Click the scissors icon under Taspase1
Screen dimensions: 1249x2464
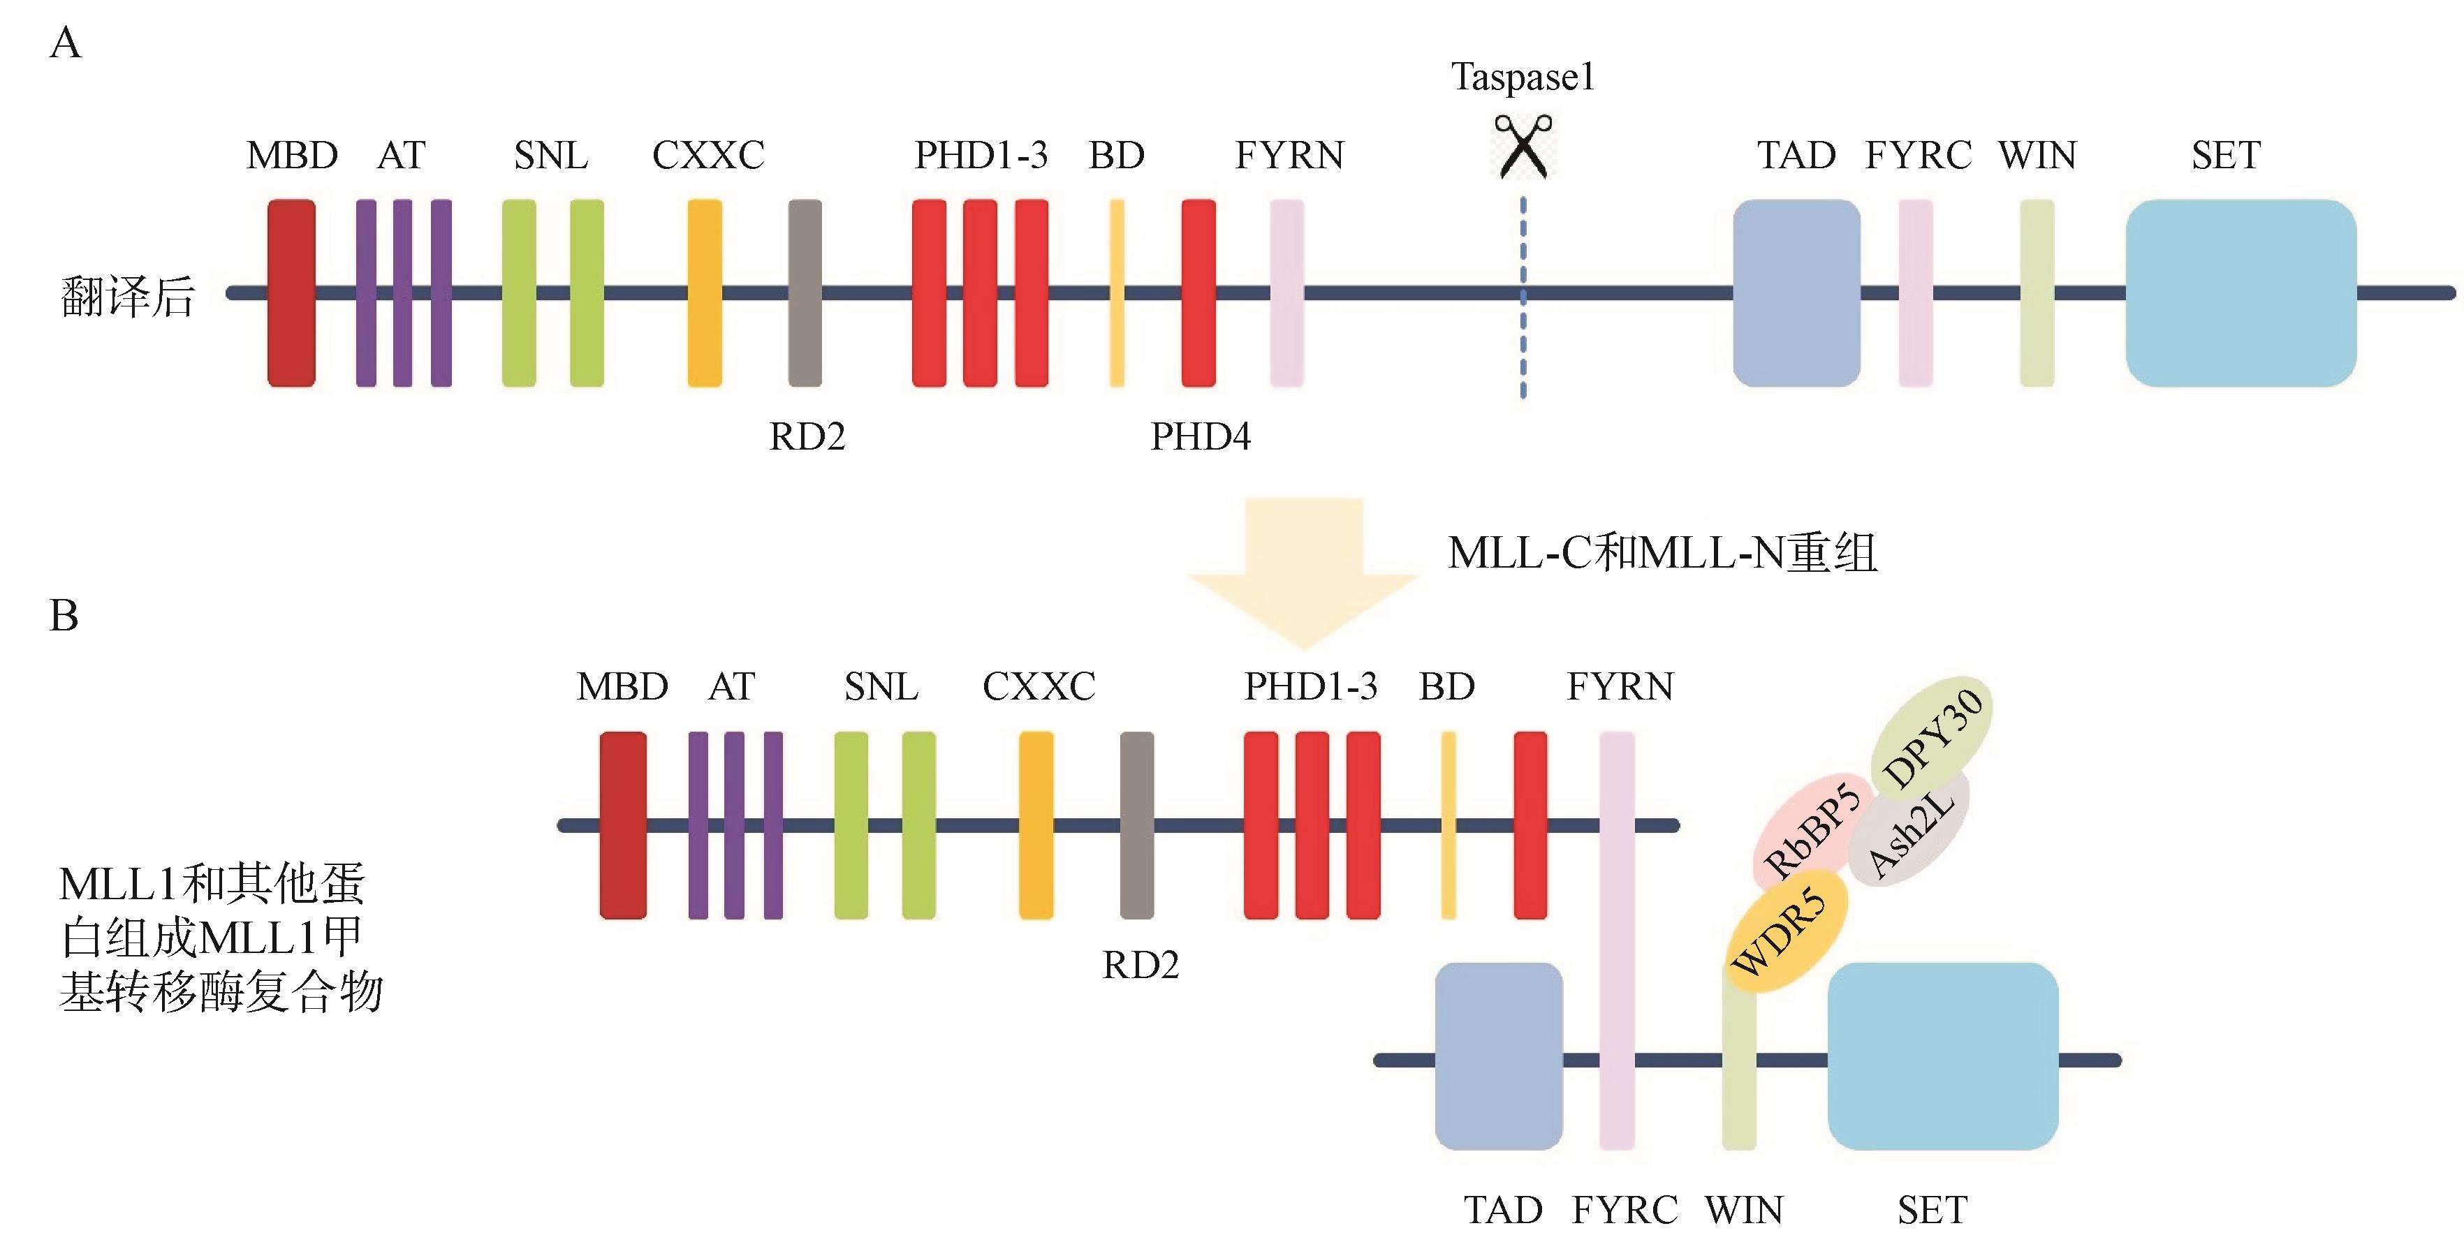coord(1524,147)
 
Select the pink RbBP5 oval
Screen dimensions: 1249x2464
coord(1811,828)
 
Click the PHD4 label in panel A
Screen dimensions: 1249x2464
coord(1201,437)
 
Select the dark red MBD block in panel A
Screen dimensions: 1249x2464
coord(291,293)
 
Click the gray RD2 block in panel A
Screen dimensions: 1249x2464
coord(805,293)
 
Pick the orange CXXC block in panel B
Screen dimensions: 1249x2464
coord(1036,825)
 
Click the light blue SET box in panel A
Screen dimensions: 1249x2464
coord(2241,293)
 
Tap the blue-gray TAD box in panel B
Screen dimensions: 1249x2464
coord(1499,1056)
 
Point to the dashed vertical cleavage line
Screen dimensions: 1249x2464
coord(1524,325)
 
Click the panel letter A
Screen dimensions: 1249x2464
coord(65,44)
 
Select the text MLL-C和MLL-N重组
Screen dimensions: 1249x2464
coord(1662,553)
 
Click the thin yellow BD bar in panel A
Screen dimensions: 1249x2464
coord(1116,293)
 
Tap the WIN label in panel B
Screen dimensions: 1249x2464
coord(1744,1211)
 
